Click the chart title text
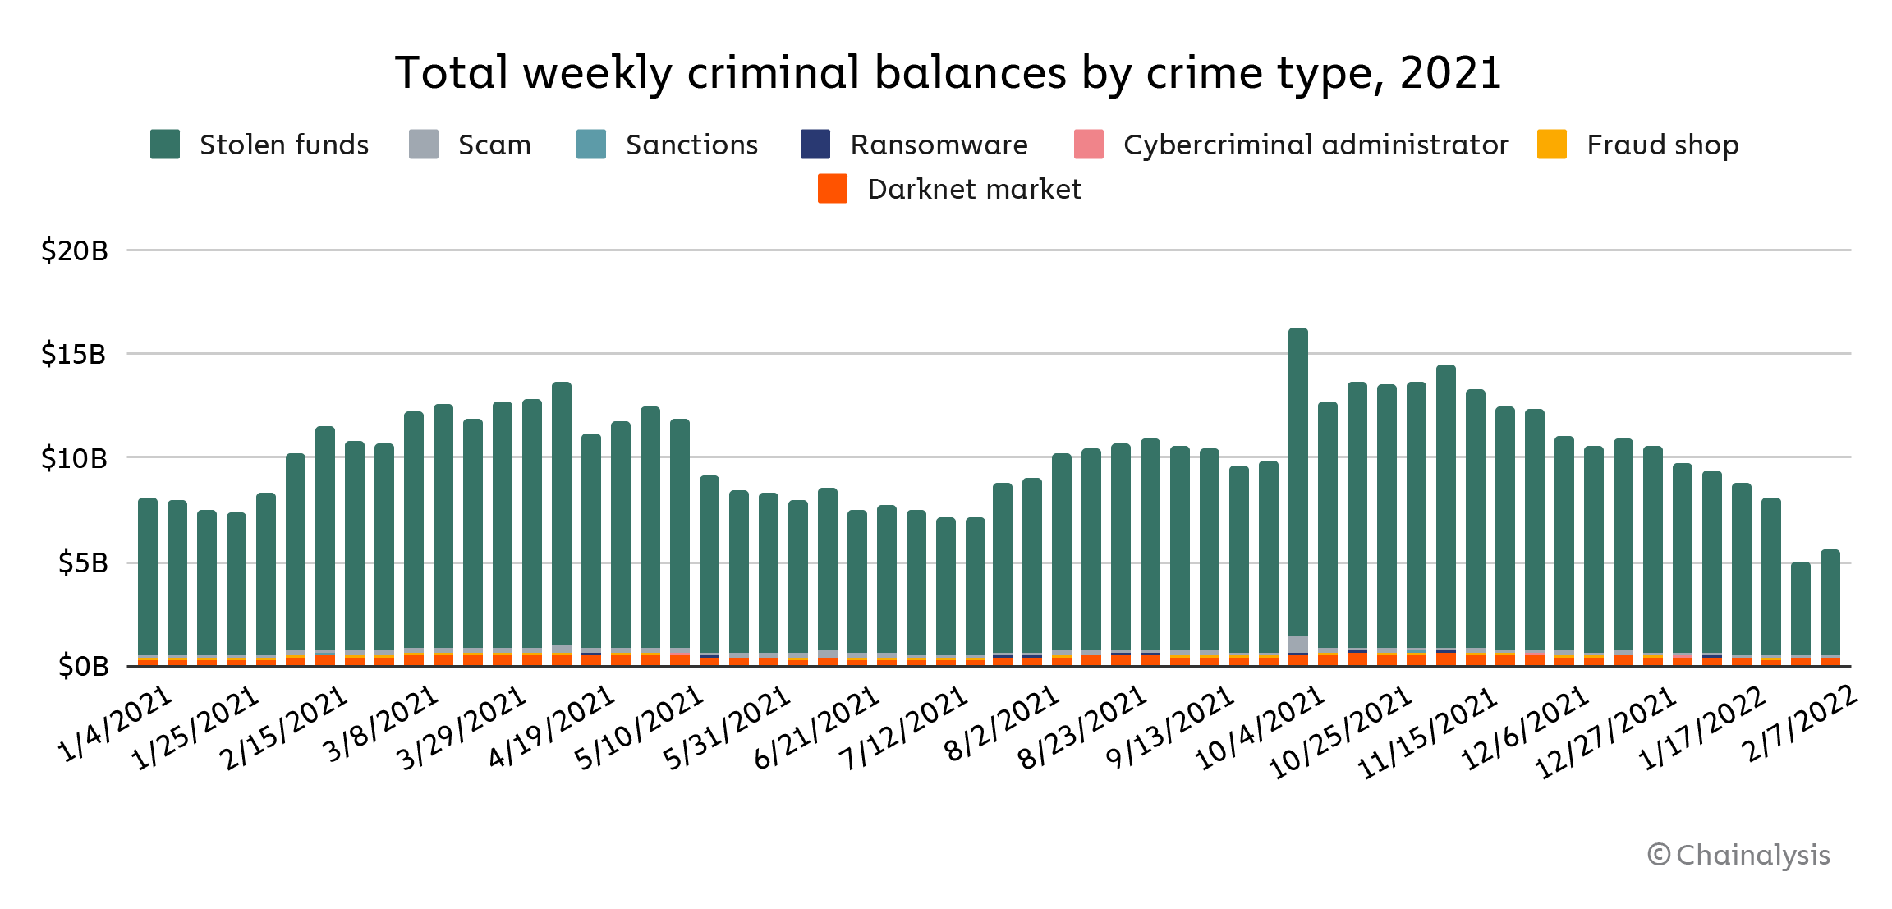(948, 72)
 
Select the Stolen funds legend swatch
(165, 145)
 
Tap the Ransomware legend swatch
(815, 145)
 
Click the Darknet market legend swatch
(833, 189)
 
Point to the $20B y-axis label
(75, 250)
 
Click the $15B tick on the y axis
(74, 354)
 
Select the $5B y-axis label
(83, 562)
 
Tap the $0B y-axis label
(83, 666)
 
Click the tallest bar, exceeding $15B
(1298, 493)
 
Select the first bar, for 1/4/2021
(148, 575)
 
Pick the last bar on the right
(1830, 608)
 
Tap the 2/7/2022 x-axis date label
(1798, 723)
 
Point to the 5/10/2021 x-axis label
(639, 728)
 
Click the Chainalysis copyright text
(1738, 855)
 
